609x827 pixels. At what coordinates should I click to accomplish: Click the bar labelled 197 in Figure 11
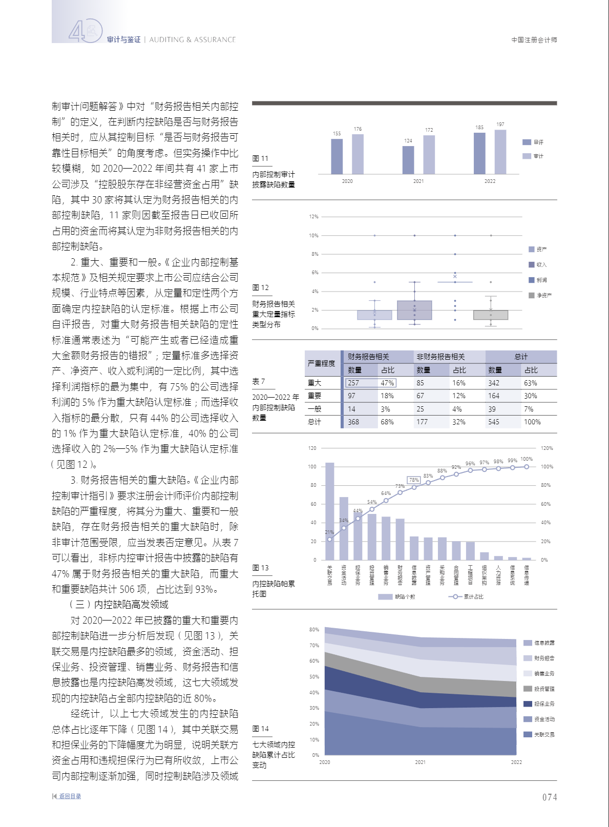tap(500, 152)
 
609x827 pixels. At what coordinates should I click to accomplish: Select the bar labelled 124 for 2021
tap(408, 160)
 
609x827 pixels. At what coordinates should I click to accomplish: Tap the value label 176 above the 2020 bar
tap(358, 129)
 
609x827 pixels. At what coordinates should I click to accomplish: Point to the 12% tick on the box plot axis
tap(313, 217)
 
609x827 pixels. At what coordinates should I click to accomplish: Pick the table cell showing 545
tap(494, 422)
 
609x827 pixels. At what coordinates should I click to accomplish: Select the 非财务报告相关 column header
tap(440, 357)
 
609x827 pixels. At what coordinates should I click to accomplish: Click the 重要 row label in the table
tap(314, 396)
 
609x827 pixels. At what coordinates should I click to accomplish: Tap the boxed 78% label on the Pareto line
tap(414, 480)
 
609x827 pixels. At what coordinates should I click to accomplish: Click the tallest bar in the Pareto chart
tap(330, 511)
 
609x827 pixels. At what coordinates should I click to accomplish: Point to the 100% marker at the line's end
tap(527, 467)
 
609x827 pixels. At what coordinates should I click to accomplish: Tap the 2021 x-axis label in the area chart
tap(420, 762)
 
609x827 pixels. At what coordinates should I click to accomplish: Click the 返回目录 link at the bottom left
tap(70, 796)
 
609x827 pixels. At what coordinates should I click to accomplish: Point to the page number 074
tap(550, 797)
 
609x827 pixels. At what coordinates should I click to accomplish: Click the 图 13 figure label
tap(260, 568)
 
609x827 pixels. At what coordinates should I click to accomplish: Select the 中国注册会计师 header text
tap(534, 40)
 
